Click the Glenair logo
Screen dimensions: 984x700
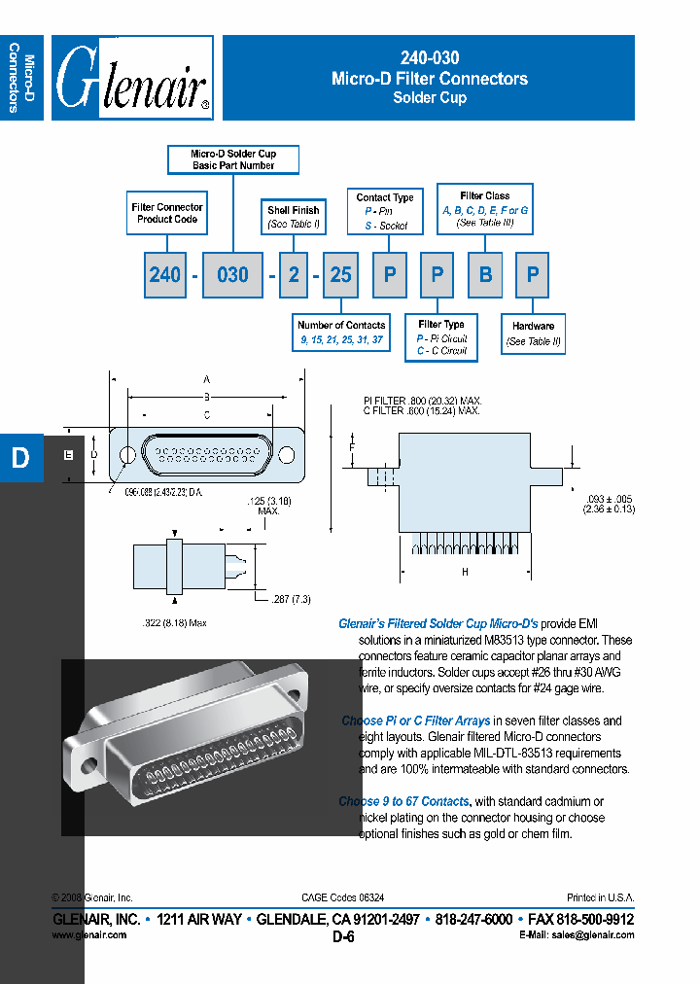132,79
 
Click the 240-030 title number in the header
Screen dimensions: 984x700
429,58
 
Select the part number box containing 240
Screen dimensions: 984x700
165,275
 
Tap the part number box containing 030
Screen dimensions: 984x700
232,275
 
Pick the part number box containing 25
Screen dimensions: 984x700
340,275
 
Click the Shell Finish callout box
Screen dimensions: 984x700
294,217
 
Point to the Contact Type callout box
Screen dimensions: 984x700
385,211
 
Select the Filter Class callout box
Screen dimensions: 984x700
484,209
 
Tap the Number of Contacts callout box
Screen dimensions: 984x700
341,333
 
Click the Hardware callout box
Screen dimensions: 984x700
533,334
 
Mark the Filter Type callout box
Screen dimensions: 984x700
441,337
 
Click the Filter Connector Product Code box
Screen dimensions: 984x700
167,213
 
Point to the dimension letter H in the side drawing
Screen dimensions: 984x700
465,572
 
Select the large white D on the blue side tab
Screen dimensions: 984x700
20,459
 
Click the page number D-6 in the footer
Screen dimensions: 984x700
344,937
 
